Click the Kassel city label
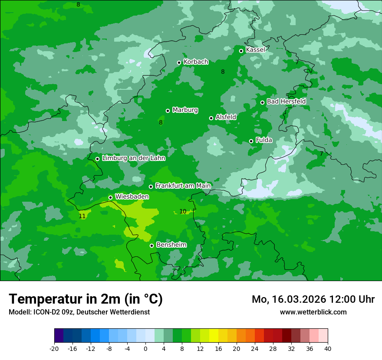255,50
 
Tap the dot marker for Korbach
179,62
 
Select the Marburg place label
185,110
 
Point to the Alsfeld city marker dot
211,118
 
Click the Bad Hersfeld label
286,101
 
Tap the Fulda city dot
251,141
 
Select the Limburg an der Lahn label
133,158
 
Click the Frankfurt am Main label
183,186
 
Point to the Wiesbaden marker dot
110,197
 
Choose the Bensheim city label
171,245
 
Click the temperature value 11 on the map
82,216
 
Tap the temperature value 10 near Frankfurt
183,211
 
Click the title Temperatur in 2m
86,299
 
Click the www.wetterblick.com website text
313,312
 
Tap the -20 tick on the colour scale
54,348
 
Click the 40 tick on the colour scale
328,348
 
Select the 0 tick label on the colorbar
145,348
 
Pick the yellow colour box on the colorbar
214,336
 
